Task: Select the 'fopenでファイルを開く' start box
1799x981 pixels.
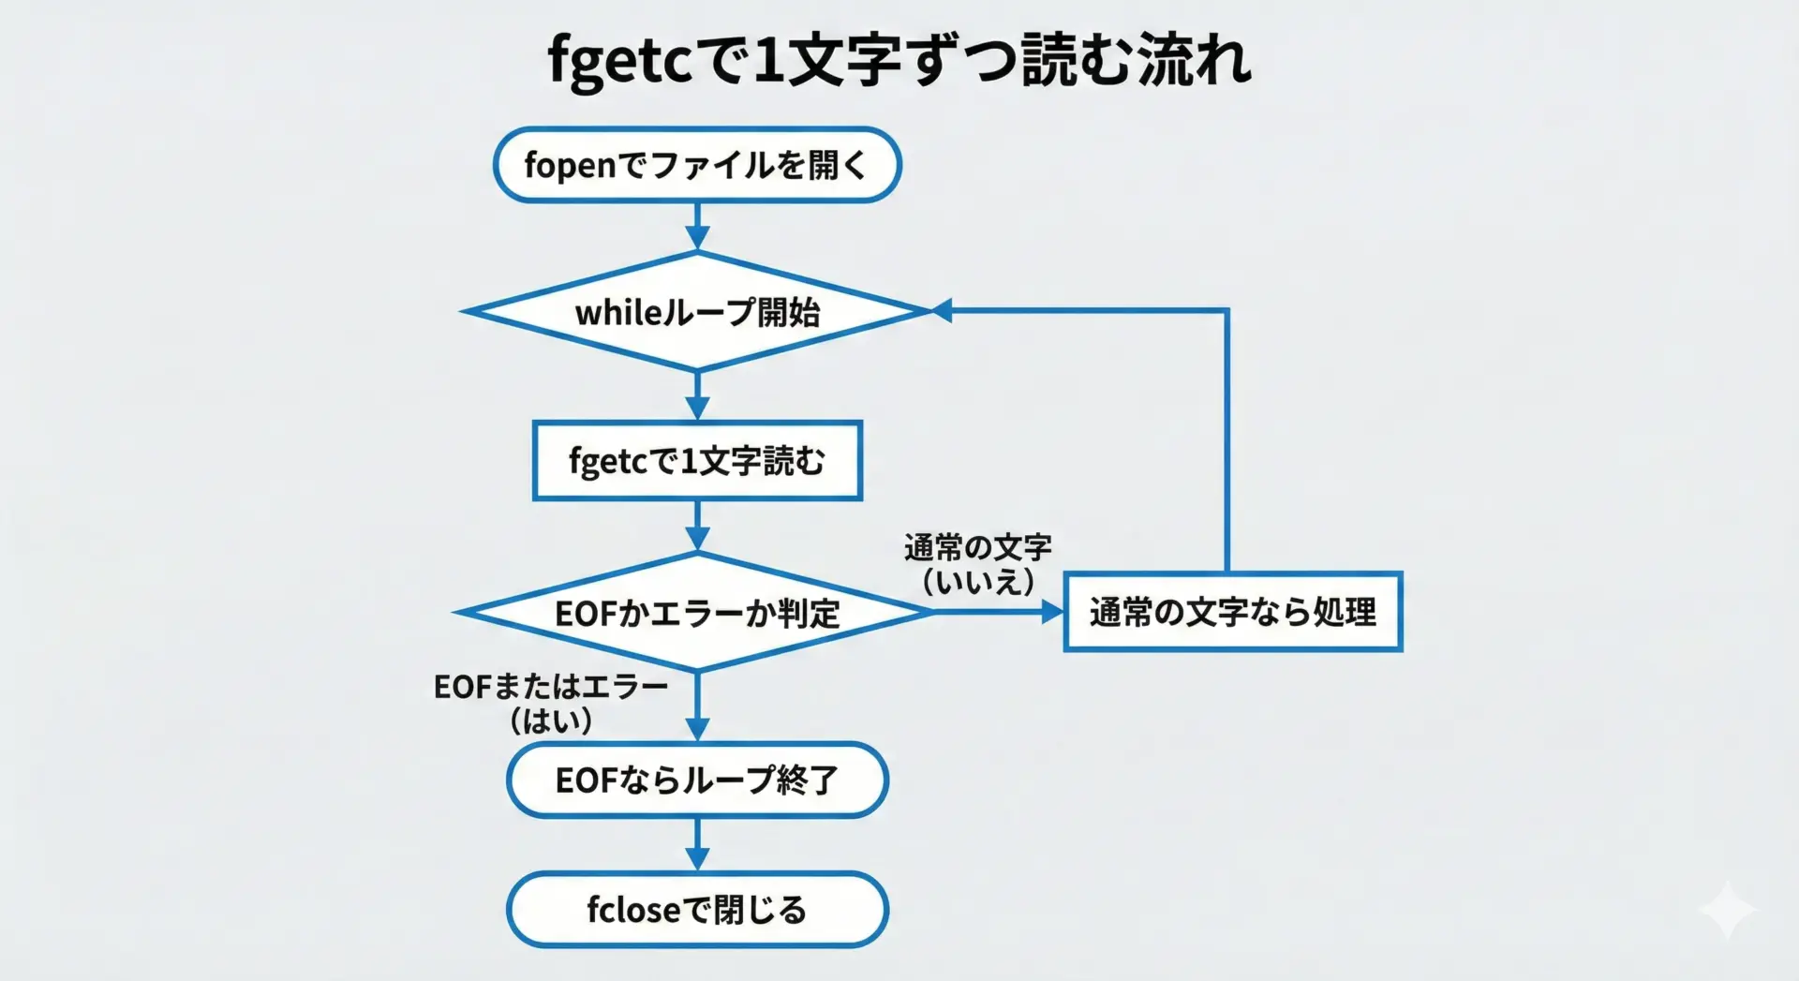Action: tap(697, 165)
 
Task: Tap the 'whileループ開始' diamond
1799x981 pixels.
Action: tap(697, 311)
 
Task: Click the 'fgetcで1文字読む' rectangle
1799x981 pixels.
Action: tap(697, 460)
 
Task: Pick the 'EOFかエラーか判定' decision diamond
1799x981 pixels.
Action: tap(697, 613)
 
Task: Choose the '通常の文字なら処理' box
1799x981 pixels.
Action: tap(1232, 612)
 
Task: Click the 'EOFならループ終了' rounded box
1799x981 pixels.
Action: tap(697, 780)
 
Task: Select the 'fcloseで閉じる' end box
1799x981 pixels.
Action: tap(697, 909)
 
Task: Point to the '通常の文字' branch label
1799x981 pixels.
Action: tap(977, 547)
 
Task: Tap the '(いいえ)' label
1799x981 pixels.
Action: tap(977, 582)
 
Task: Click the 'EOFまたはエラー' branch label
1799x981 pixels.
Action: tap(550, 687)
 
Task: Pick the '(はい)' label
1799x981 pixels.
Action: tap(550, 721)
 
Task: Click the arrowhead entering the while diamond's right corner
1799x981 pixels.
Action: tap(942, 310)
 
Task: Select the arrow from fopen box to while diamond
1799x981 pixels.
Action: tap(697, 227)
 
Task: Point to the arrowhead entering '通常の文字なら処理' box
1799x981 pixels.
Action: tap(1052, 612)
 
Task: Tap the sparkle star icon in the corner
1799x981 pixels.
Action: tap(1727, 909)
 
